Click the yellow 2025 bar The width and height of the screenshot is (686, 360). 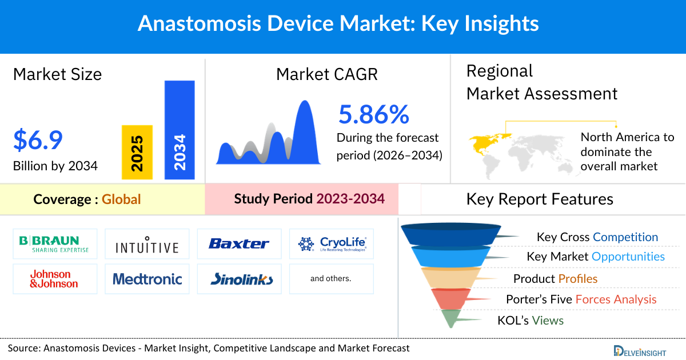(x=137, y=152)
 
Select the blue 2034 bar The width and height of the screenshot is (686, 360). (x=180, y=130)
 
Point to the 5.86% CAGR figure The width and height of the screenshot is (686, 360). (x=374, y=114)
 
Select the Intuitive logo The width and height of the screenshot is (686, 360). (x=147, y=246)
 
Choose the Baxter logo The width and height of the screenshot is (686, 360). (x=239, y=244)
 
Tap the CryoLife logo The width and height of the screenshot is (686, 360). (x=332, y=244)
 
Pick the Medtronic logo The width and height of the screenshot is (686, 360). (x=147, y=279)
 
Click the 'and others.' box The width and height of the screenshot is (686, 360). (x=330, y=279)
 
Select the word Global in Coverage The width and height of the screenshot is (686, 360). (x=121, y=199)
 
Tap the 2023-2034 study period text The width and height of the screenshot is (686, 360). (x=350, y=199)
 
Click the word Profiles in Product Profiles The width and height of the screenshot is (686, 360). (x=578, y=279)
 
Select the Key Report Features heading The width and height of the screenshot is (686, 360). (x=540, y=199)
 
